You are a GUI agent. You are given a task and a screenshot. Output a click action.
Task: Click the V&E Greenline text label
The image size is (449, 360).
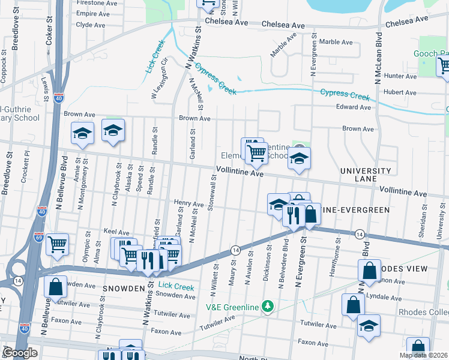pos(232,307)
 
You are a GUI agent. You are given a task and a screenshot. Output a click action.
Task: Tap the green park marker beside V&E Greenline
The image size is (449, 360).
pos(268,307)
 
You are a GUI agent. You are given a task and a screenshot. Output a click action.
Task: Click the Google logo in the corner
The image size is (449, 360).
pos(20,353)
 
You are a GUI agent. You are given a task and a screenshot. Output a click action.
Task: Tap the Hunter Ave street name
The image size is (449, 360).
pos(400,76)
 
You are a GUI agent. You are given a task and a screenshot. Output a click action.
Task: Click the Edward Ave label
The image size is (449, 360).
pos(354,107)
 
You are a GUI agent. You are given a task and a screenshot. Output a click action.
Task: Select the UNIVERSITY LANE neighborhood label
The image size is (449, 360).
pos(366,175)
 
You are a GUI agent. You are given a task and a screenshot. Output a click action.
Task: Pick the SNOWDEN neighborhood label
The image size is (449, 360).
pos(122,289)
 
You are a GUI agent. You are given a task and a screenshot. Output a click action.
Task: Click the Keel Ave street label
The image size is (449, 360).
pos(116,232)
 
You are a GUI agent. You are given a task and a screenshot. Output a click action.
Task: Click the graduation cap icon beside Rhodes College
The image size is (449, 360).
pos(369,326)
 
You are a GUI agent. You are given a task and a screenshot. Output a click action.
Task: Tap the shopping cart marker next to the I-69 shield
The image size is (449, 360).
pos(57,244)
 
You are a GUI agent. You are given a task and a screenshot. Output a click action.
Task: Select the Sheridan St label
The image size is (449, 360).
pos(423,226)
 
